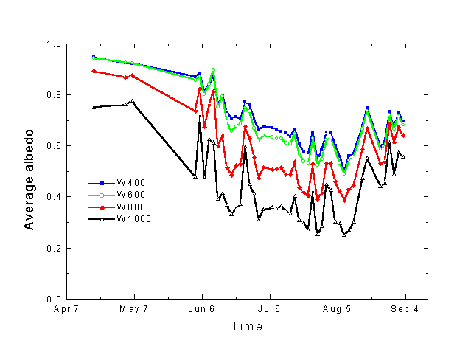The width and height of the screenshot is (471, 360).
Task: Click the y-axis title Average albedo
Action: tap(29, 171)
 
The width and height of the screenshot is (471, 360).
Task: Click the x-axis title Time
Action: tap(246, 326)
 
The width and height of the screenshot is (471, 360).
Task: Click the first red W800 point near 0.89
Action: tap(94, 71)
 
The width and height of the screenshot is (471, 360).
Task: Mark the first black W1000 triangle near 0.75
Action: tap(94, 107)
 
